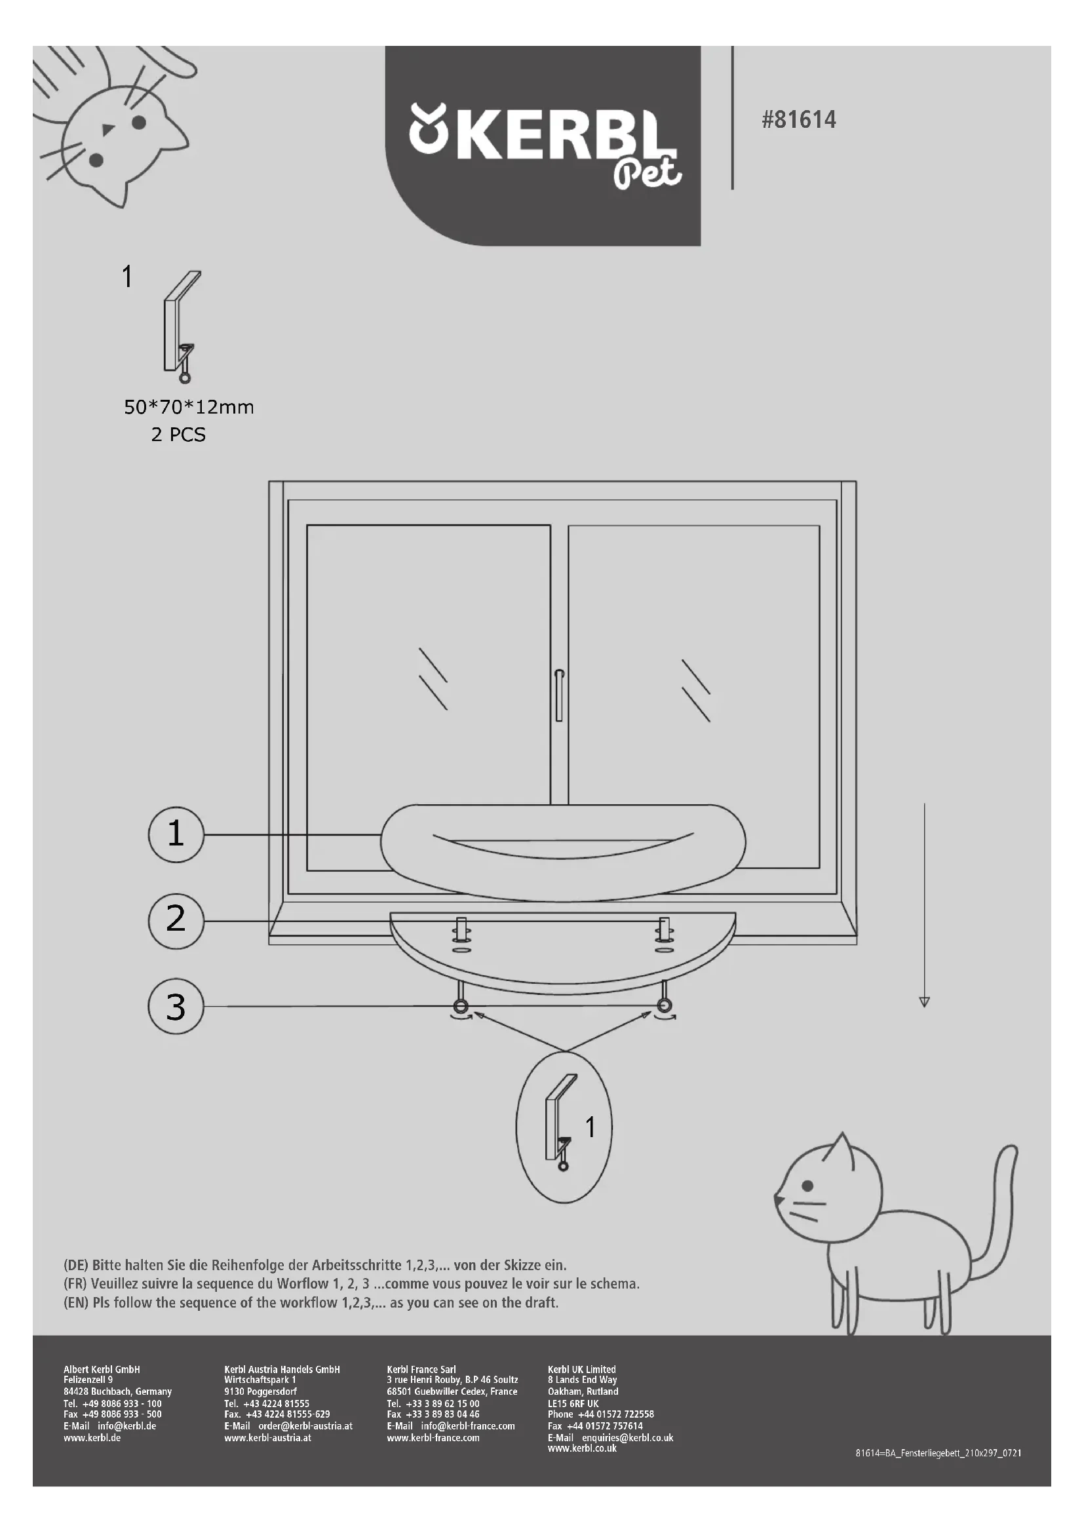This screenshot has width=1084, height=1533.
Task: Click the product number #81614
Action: pyautogui.click(x=798, y=120)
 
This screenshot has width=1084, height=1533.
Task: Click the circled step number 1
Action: pyautogui.click(x=176, y=834)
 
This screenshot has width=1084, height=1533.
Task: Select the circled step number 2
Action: pyautogui.click(x=176, y=921)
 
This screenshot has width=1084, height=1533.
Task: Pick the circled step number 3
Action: pyautogui.click(x=176, y=1007)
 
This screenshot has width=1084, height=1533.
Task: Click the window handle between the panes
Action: pyautogui.click(x=559, y=696)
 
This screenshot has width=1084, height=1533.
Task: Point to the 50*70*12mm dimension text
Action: pyautogui.click(x=189, y=407)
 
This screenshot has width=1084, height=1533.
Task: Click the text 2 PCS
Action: pyautogui.click(x=178, y=435)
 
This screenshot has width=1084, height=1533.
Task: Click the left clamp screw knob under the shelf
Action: pyautogui.click(x=461, y=1006)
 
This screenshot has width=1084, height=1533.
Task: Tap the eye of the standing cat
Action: pyautogui.click(x=807, y=1186)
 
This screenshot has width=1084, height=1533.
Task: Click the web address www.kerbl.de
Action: pyautogui.click(x=92, y=1438)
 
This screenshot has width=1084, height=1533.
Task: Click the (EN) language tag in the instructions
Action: pyautogui.click(x=76, y=1303)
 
